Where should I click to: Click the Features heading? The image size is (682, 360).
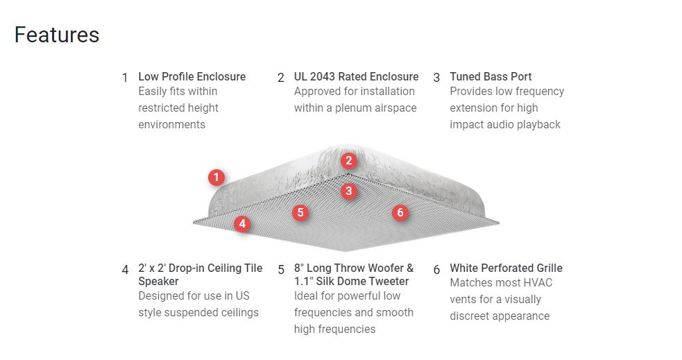[57, 35]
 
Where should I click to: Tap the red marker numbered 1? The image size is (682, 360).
[216, 178]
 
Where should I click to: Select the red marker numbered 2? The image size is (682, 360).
[348, 161]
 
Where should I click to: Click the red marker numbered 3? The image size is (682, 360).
[348, 190]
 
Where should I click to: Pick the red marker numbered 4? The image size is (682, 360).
[241, 223]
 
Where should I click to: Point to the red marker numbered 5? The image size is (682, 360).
[300, 212]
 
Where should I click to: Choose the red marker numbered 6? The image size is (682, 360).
[400, 212]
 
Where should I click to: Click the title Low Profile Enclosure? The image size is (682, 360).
[191, 76]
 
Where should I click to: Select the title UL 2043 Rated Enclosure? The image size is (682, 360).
[356, 76]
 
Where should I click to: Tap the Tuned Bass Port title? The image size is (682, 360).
[491, 76]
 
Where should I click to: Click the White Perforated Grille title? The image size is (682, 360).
[506, 268]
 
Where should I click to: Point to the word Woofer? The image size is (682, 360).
[384, 268]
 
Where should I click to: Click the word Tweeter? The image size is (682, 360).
[386, 281]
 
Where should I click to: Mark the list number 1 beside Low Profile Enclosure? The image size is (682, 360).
[125, 78]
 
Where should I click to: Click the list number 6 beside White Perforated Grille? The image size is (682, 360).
[436, 269]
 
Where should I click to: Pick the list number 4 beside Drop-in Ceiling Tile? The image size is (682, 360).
[125, 269]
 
